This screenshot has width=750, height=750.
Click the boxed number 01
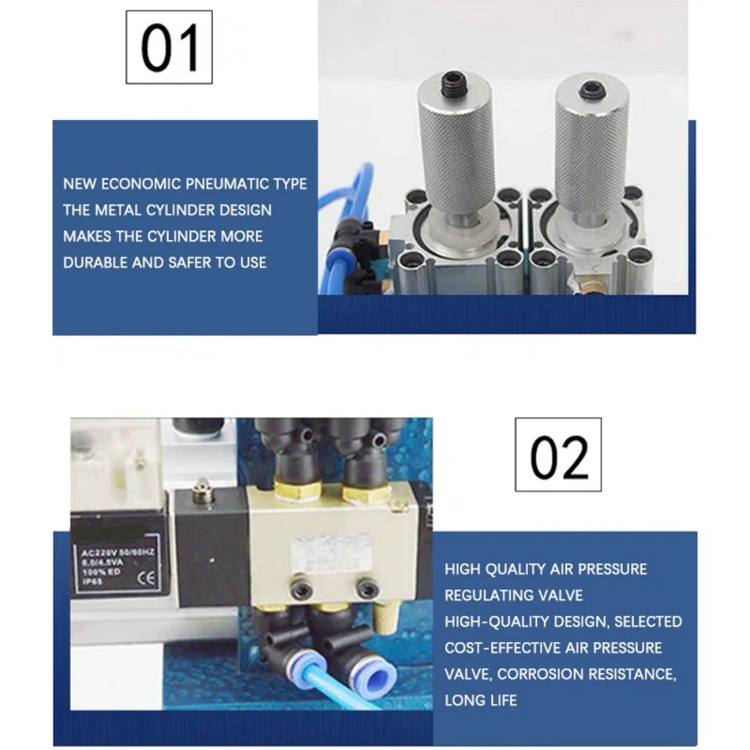169,47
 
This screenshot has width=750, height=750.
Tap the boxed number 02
558,455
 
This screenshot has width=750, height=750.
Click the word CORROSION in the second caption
540,673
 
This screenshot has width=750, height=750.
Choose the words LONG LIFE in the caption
481,700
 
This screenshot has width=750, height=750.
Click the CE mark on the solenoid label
147,577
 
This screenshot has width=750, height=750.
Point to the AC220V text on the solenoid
96,555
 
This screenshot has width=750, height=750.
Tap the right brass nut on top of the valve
367,493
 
